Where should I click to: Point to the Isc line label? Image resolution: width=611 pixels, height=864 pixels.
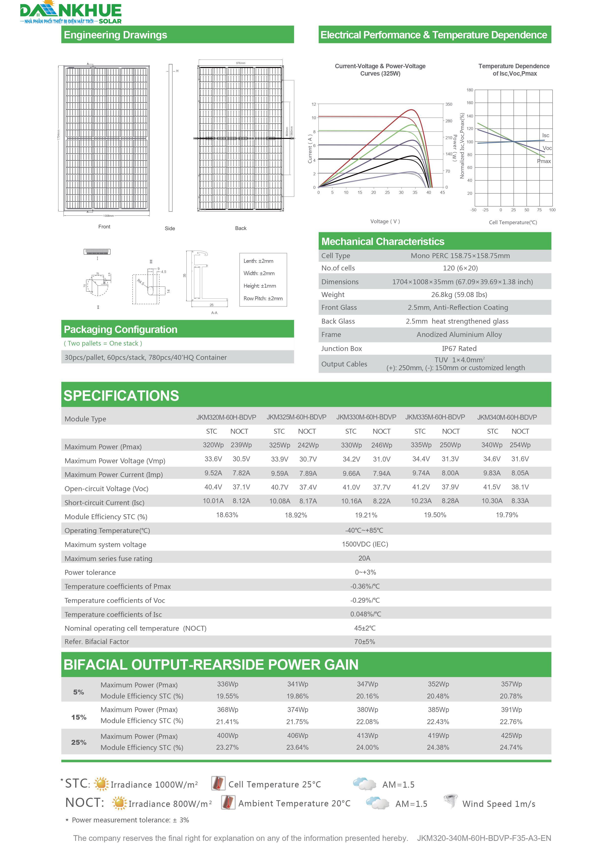[545, 135]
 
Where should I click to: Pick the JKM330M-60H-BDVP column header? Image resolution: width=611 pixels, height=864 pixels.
[366, 417]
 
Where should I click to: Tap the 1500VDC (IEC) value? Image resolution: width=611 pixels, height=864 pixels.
[364, 544]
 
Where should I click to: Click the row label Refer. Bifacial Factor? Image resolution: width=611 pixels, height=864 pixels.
[97, 642]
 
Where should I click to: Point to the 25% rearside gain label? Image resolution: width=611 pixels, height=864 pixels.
[79, 742]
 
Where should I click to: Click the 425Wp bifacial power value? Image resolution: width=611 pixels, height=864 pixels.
[511, 735]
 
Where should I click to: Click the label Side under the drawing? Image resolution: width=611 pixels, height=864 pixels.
[170, 228]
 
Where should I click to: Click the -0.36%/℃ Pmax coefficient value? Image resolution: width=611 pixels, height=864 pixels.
[364, 586]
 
